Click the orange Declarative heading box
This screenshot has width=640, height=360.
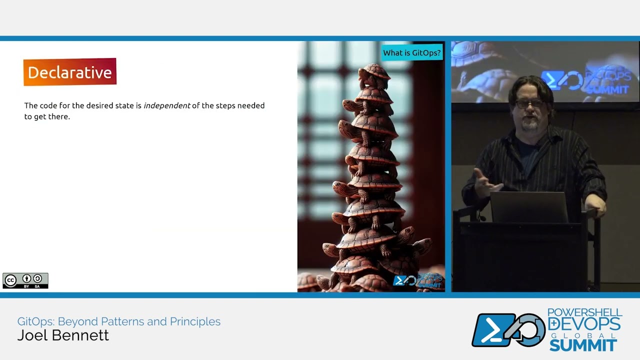[x=69, y=72]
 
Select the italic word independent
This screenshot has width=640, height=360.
[x=166, y=105]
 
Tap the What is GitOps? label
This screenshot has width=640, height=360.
[x=412, y=52]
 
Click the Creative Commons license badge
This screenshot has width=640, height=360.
[x=25, y=280]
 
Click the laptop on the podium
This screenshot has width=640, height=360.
[x=529, y=207]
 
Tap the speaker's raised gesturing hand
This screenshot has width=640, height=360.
[x=484, y=183]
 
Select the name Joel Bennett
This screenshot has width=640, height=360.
[x=63, y=335]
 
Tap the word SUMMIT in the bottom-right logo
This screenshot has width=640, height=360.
[x=582, y=345]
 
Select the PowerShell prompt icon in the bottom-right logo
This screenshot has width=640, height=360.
[x=492, y=330]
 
